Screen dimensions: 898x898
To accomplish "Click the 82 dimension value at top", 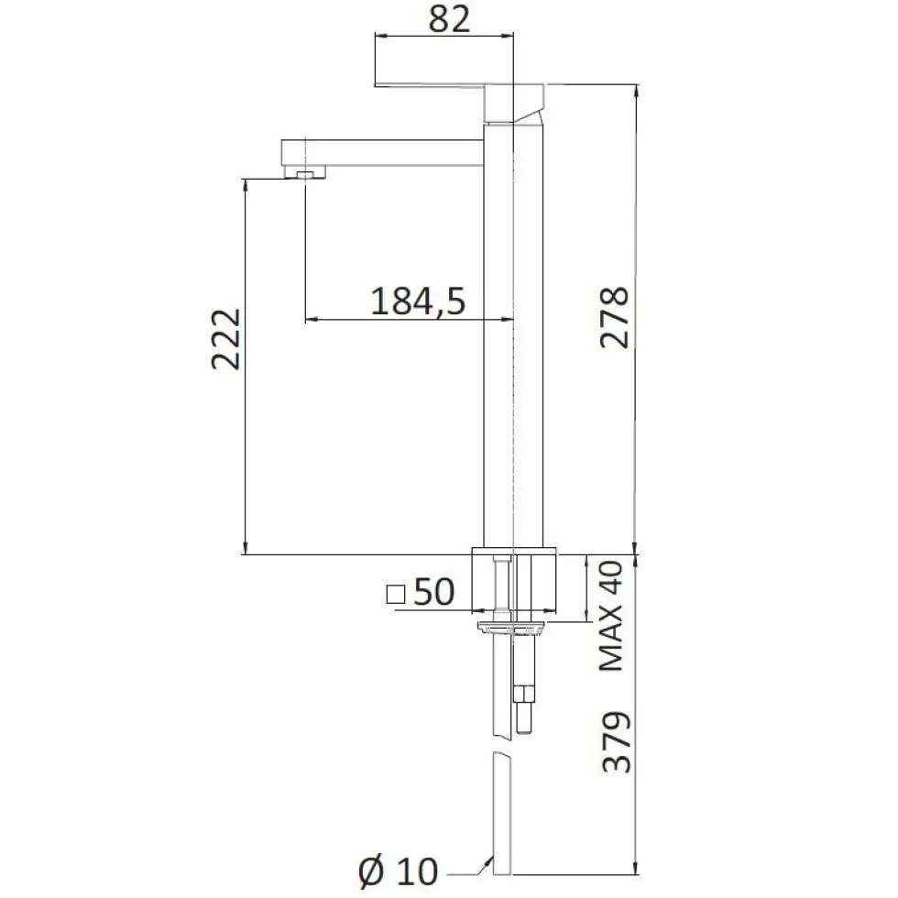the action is coord(449,19).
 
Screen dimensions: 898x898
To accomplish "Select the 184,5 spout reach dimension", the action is coord(418,301).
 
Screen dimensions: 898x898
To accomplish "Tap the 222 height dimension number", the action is coord(226,339).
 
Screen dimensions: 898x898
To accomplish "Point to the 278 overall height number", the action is coord(615,318).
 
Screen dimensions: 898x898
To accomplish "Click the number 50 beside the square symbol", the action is coord(434,592).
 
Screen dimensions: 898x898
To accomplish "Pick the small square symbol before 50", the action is coord(396,594).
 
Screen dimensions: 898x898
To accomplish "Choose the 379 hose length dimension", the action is coord(617,741).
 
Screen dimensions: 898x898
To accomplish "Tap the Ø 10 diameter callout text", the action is coord(399,871).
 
